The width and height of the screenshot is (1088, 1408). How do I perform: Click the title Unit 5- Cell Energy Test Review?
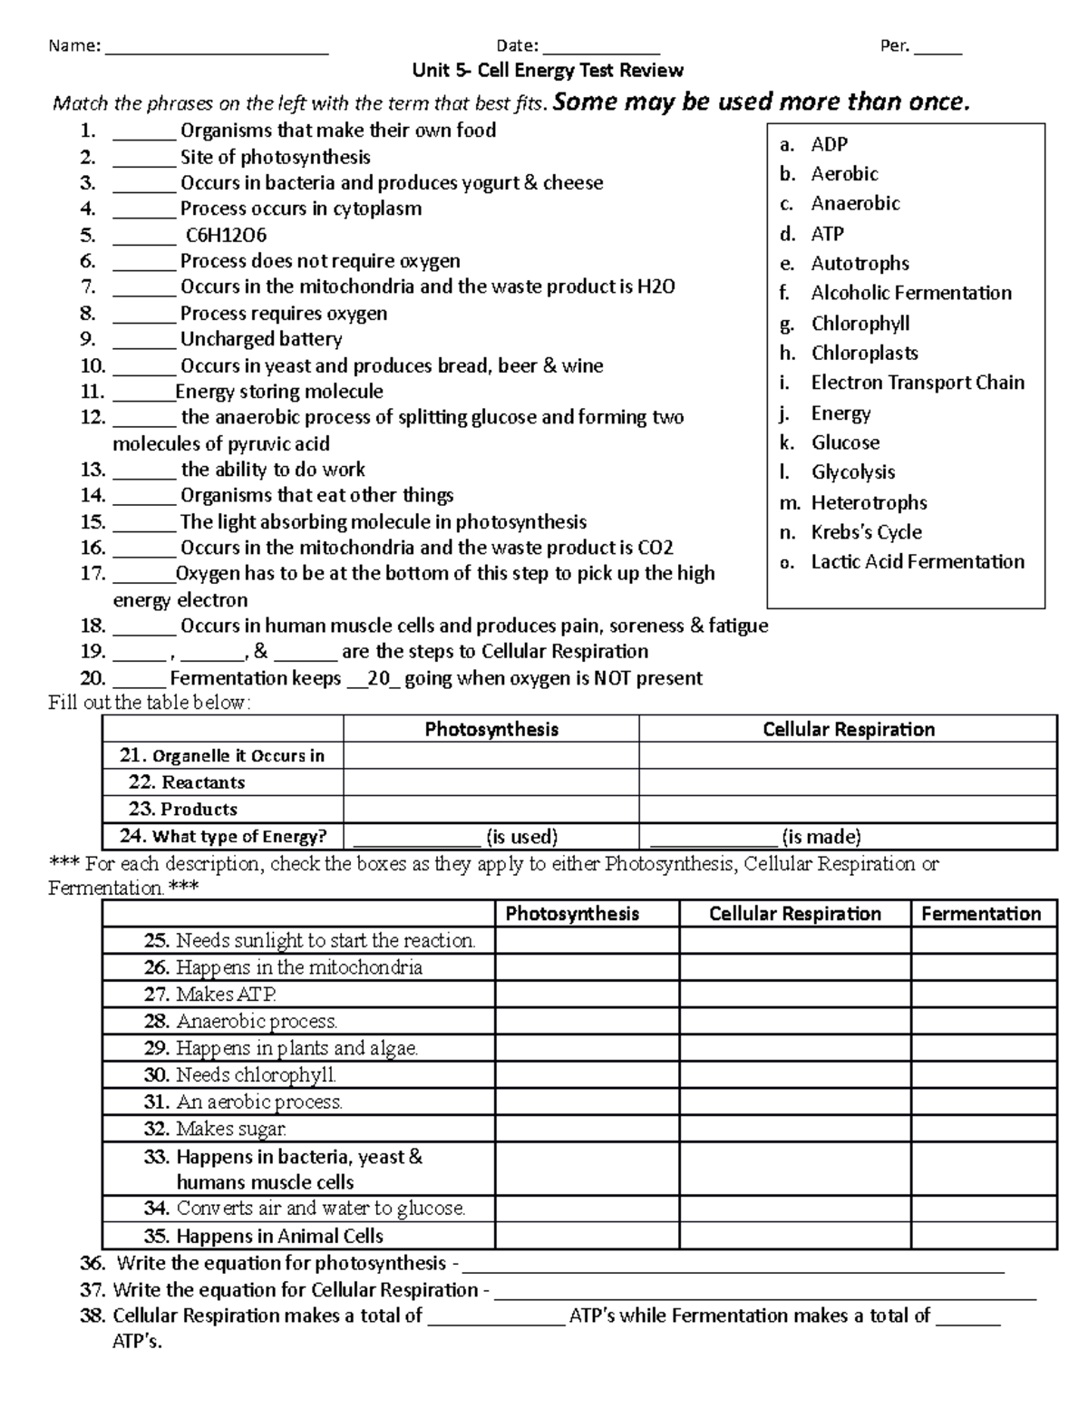pyautogui.click(x=548, y=71)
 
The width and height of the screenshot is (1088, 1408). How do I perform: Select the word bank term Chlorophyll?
pyautogui.click(x=860, y=324)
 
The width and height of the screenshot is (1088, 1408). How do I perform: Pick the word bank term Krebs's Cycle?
pyautogui.click(x=866, y=532)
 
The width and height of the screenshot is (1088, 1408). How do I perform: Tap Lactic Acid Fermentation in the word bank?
pyautogui.click(x=918, y=562)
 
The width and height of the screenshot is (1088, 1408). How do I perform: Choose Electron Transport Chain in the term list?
pyautogui.click(x=918, y=383)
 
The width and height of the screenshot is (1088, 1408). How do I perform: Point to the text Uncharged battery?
pyautogui.click(x=261, y=340)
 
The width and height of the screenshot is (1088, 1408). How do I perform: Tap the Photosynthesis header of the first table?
pyautogui.click(x=491, y=730)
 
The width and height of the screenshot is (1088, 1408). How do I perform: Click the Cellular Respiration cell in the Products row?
pyautogui.click(x=848, y=810)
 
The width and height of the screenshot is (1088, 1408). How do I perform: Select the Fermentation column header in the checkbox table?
pyautogui.click(x=981, y=914)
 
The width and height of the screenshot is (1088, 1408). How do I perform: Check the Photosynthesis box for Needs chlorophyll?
pyautogui.click(x=587, y=1075)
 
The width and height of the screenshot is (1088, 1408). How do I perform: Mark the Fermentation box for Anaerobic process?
pyautogui.click(x=983, y=1022)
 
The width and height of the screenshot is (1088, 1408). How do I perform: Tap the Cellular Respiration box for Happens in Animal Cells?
pyautogui.click(x=794, y=1236)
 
